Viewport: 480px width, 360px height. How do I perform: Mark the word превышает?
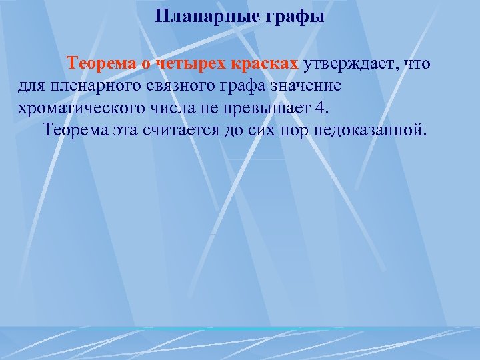[266, 107]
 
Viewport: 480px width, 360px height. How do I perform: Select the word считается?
[182, 129]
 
